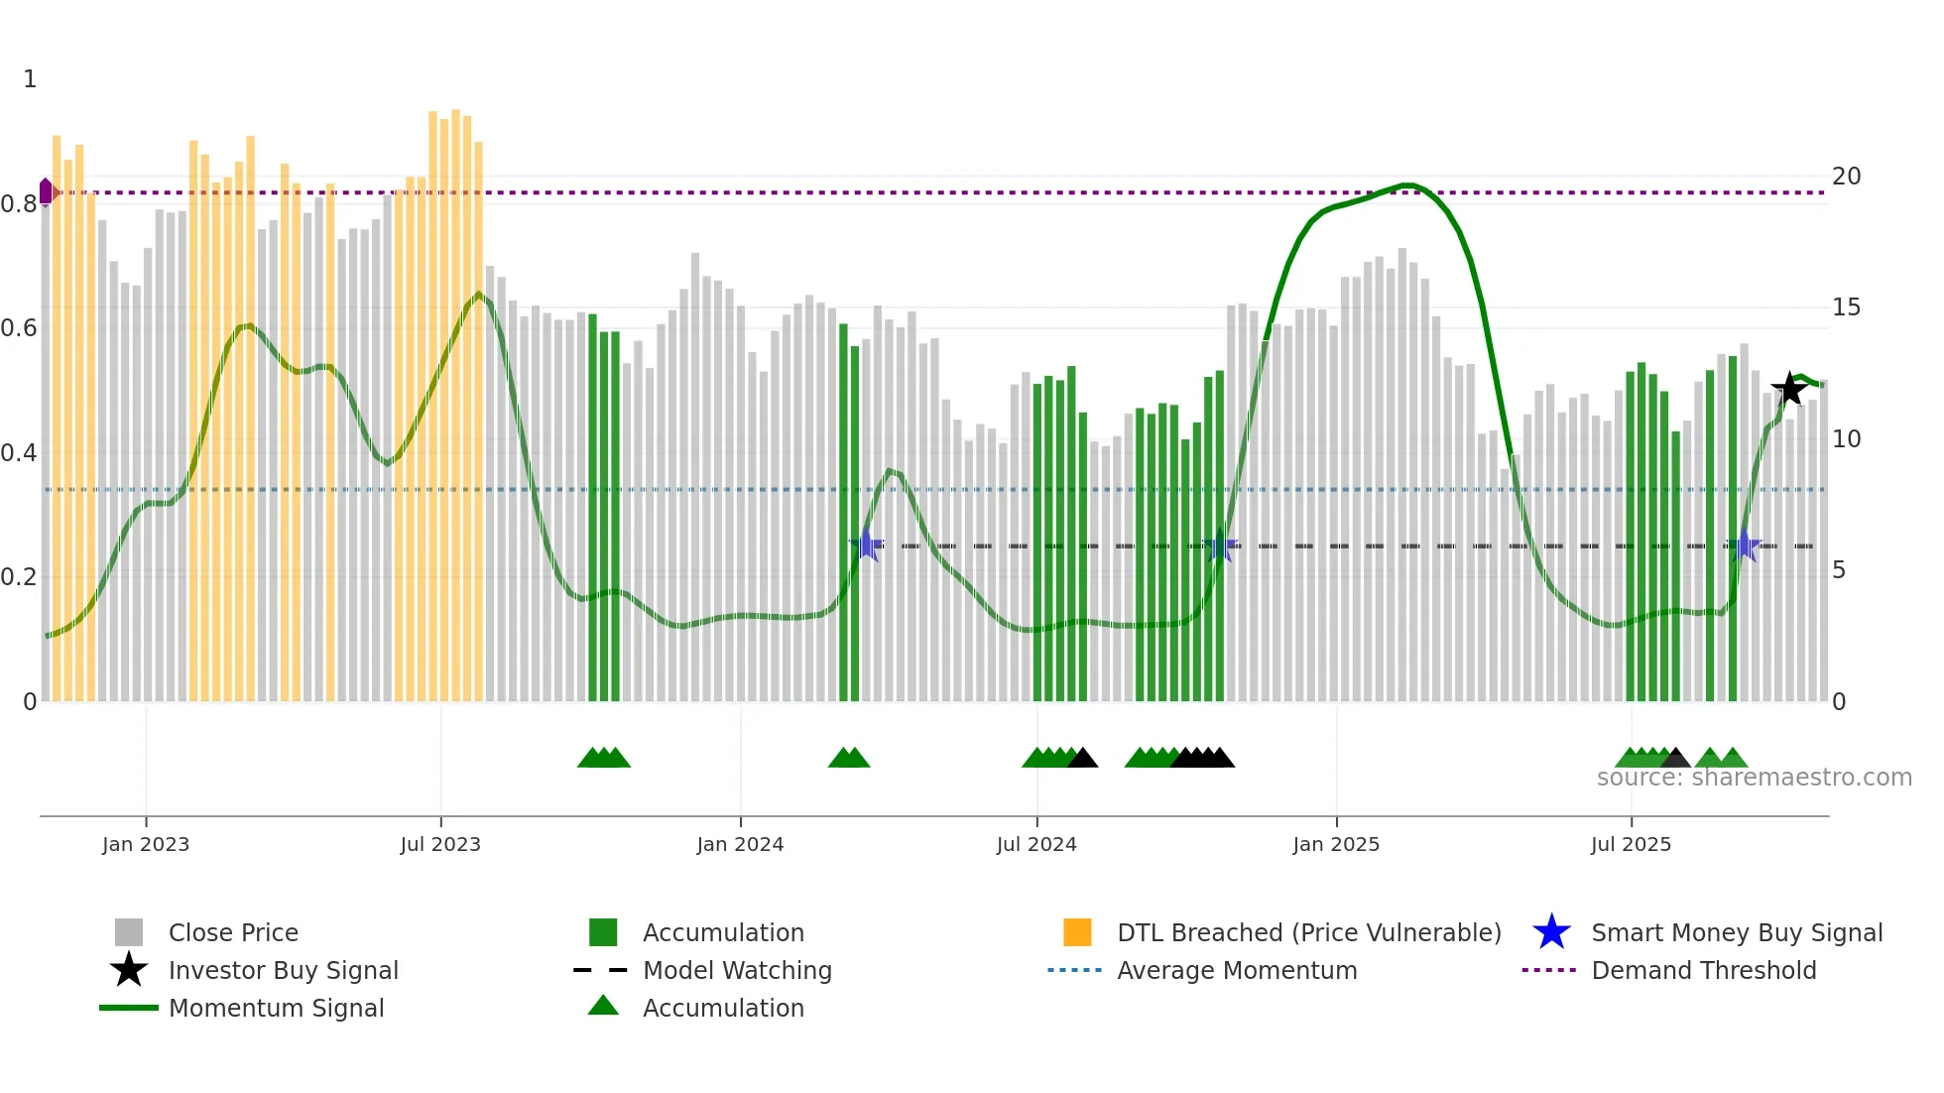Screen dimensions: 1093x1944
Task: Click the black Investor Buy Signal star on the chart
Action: pos(1789,389)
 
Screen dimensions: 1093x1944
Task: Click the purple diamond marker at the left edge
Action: pos(46,191)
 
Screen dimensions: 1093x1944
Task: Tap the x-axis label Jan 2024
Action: pos(740,844)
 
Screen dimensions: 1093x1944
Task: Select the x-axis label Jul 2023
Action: pos(440,844)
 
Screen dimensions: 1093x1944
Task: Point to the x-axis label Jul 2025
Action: pos(1631,844)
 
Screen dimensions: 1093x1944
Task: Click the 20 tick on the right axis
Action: pos(1846,177)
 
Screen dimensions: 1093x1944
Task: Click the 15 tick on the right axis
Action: pos(1846,307)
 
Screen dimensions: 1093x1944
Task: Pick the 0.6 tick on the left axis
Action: pos(19,328)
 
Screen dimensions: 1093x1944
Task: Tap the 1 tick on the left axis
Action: pos(30,79)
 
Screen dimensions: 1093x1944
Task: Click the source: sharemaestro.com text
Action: pos(1754,778)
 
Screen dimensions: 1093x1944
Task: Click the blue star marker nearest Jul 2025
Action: pos(1744,546)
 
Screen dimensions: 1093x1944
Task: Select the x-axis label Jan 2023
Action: pos(146,844)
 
